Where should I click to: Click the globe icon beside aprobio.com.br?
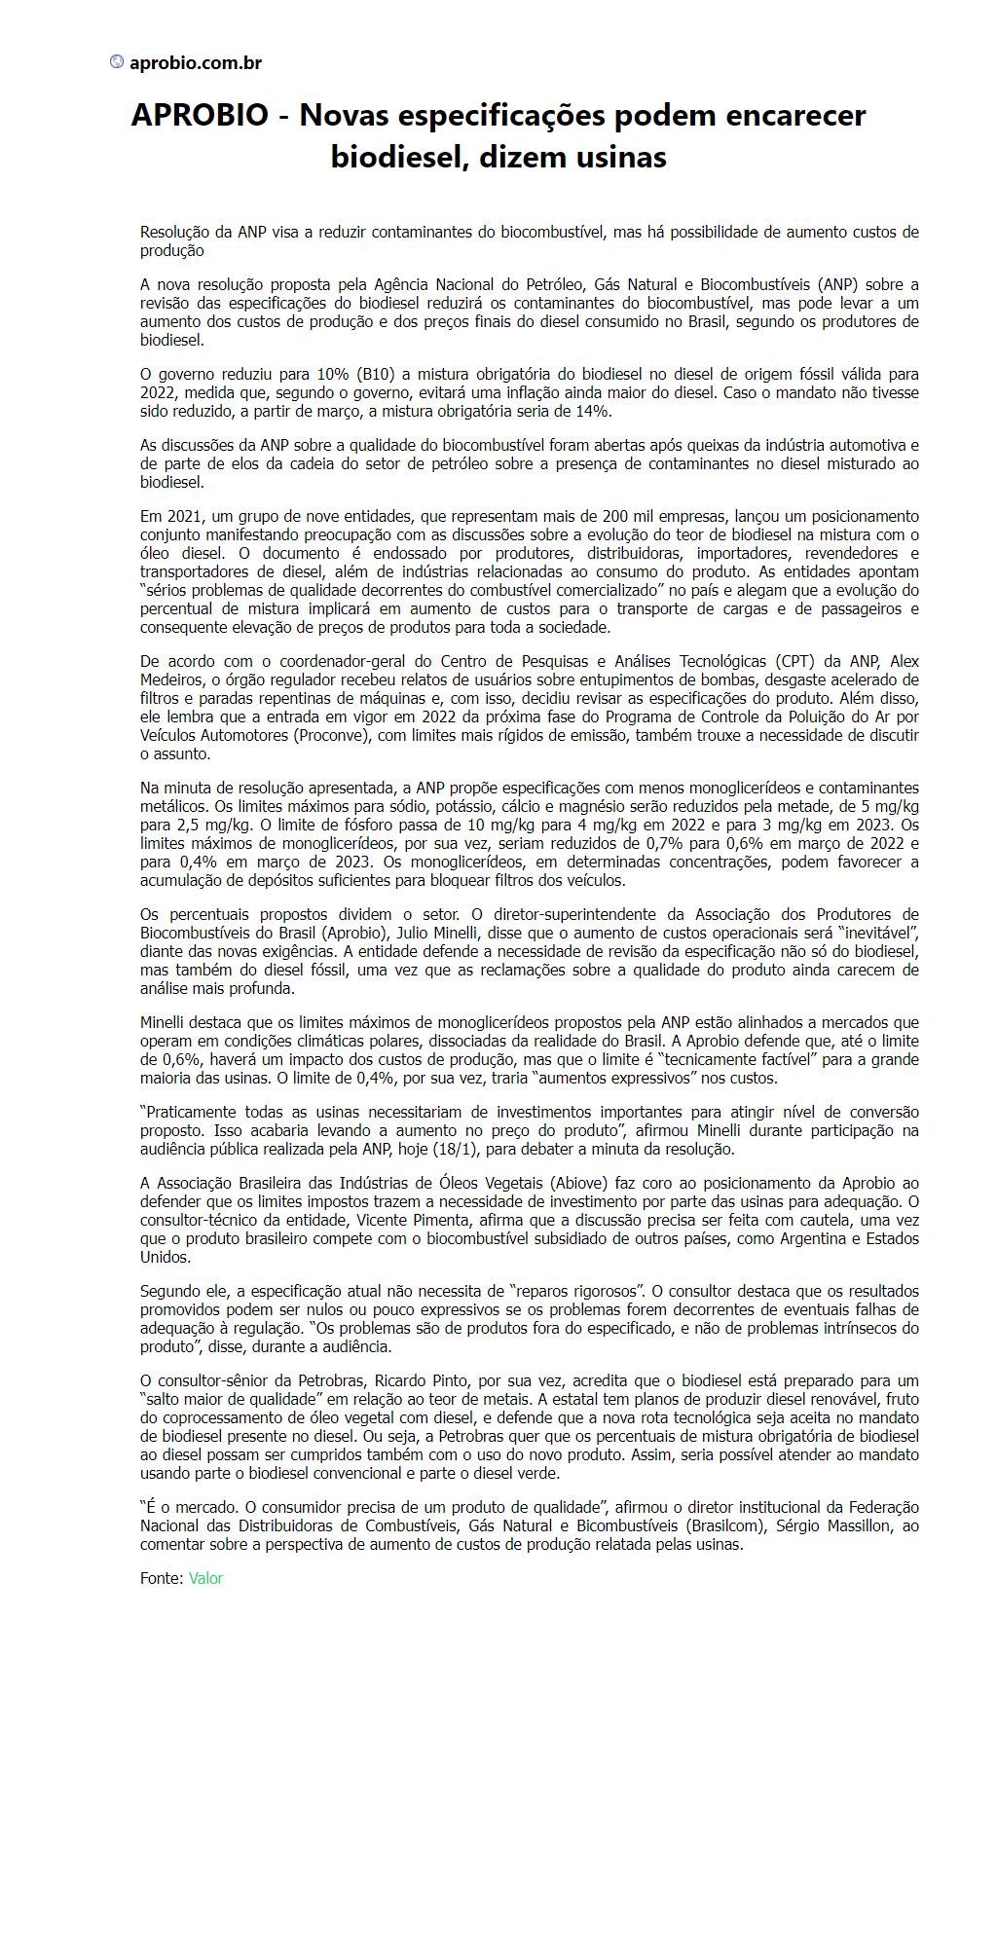[x=117, y=62]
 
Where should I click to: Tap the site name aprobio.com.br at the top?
[x=196, y=63]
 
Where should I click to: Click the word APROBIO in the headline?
[x=200, y=116]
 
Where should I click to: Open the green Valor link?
[x=205, y=1578]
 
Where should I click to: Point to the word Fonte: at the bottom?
[x=162, y=1578]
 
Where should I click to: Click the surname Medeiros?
[x=170, y=680]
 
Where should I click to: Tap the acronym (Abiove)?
[x=579, y=1184]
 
